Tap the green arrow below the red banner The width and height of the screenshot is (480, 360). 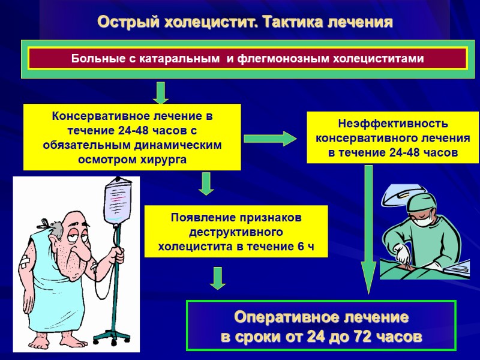point(160,92)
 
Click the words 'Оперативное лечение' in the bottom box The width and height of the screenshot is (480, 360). point(321,316)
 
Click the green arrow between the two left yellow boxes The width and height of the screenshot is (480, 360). point(206,183)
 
